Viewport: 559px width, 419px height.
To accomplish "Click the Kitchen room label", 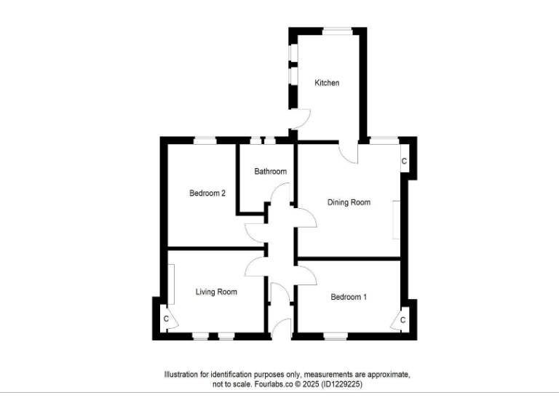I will (327, 83).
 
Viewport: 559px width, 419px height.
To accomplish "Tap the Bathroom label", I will (270, 172).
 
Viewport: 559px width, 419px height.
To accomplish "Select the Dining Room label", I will (349, 202).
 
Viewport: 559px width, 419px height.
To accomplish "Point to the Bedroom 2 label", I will (207, 193).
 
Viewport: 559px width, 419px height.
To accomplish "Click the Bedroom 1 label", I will (349, 297).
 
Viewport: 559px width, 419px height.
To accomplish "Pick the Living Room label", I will (216, 292).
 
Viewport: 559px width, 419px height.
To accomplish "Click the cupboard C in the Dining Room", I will (404, 161).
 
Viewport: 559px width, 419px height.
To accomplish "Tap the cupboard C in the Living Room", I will (166, 319).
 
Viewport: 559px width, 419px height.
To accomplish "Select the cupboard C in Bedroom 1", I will (403, 319).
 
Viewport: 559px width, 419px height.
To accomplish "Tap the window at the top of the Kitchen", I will (337, 30).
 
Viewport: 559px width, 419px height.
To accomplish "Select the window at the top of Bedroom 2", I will (205, 139).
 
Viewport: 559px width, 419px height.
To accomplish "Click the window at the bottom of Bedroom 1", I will (336, 336).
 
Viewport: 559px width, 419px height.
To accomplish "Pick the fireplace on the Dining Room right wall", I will (396, 220).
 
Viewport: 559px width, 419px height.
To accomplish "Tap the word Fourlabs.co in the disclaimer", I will (270, 384).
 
